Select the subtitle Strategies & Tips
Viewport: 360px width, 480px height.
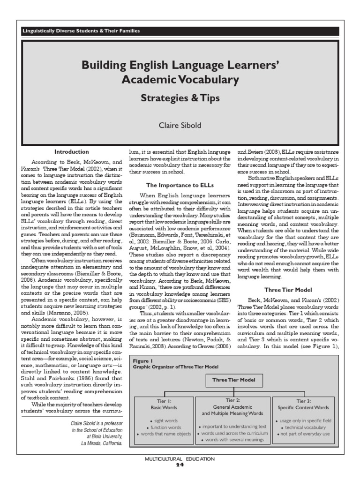tap(180, 99)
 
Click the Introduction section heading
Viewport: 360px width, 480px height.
tap(71, 152)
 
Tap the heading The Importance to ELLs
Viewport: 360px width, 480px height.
tap(180, 185)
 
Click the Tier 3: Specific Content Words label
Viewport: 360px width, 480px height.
tap(309, 405)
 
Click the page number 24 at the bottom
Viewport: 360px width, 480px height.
tap(180, 465)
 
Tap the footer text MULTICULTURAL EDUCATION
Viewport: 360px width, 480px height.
tap(180, 459)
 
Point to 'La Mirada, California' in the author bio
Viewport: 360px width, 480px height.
tap(101, 442)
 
